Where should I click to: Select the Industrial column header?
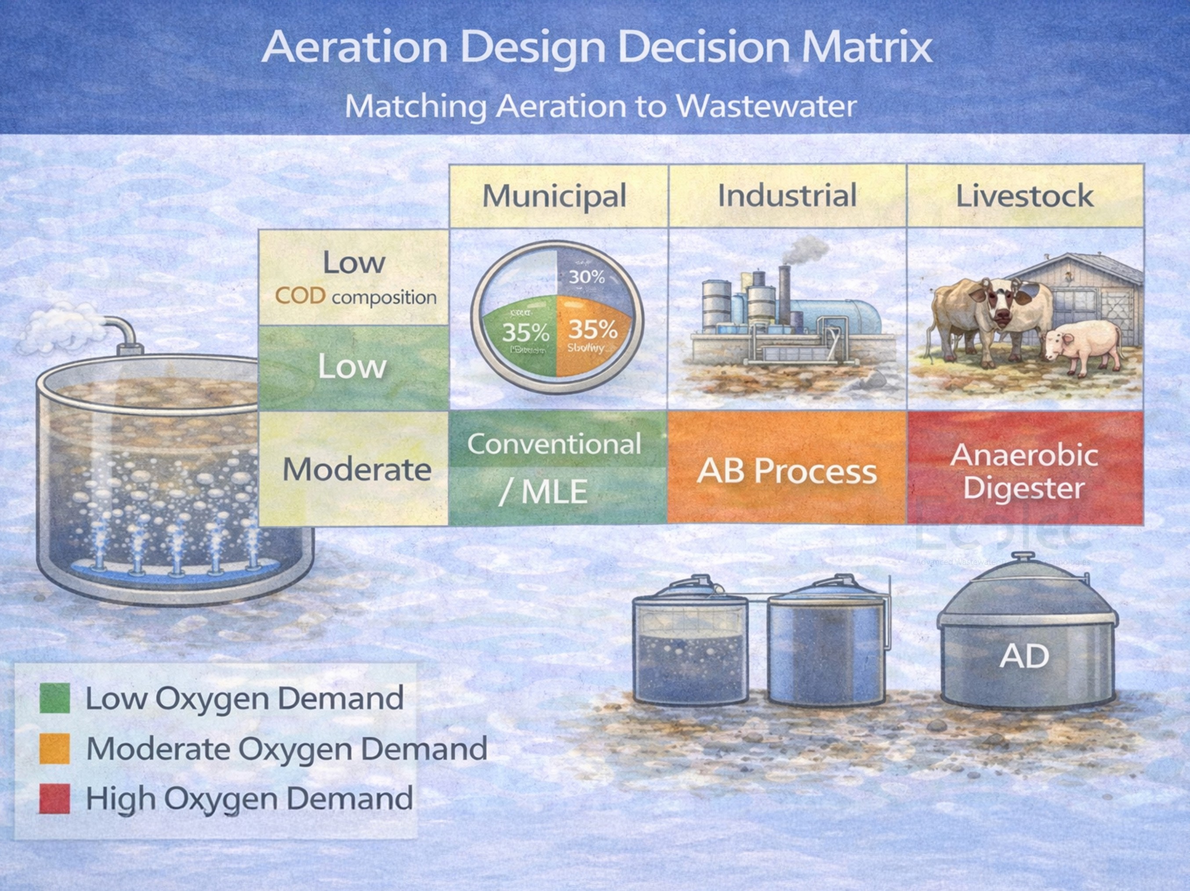(787, 196)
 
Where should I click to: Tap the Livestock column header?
(1025, 196)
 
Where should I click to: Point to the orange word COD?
(300, 296)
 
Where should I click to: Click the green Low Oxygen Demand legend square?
(54, 698)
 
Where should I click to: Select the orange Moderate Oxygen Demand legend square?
(54, 749)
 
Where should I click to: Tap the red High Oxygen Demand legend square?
(54, 798)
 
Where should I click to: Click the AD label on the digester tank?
(1024, 656)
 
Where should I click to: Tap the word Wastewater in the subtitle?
(766, 106)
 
